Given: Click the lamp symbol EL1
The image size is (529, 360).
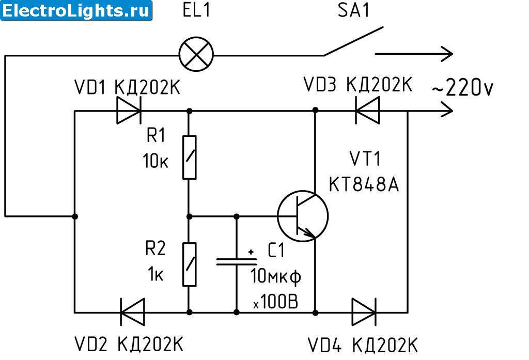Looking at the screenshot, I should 196,54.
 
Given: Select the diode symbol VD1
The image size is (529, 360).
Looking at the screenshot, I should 128,111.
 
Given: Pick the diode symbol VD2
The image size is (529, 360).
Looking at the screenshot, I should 132,311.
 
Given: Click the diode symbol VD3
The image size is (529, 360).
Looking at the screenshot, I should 367,111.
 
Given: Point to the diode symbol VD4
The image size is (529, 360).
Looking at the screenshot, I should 364,311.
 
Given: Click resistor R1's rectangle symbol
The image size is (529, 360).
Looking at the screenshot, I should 190,157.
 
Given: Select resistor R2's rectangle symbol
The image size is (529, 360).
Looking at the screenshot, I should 190,263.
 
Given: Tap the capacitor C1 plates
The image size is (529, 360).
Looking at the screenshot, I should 237,262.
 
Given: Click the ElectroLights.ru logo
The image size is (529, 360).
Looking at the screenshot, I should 76,10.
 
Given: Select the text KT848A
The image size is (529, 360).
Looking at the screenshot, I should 364,185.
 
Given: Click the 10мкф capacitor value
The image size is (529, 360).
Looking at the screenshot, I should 276,276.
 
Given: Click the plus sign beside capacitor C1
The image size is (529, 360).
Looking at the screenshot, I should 251,252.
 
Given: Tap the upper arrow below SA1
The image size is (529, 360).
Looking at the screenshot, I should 413,53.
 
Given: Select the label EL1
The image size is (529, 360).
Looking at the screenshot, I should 197,11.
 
